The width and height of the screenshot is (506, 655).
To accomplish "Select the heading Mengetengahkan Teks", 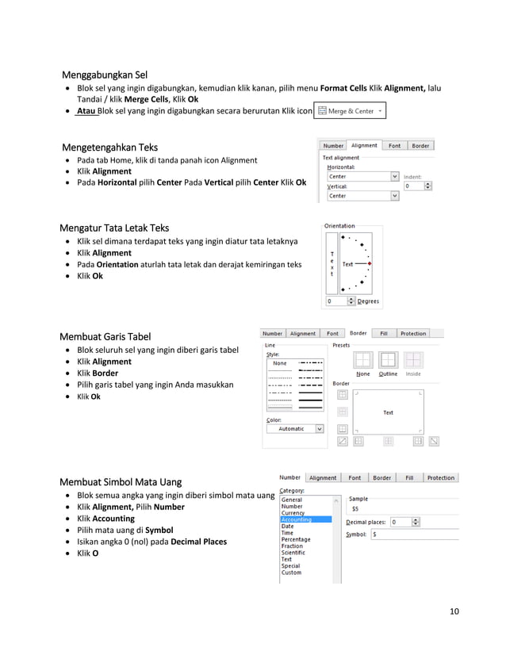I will click(x=109, y=147).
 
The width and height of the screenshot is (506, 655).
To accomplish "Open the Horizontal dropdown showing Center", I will click(x=362, y=176).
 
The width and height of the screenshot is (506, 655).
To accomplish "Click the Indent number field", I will click(x=413, y=186).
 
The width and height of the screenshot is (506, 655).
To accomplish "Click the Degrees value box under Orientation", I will click(x=336, y=301).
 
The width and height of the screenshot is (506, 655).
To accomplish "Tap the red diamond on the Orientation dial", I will click(x=370, y=263).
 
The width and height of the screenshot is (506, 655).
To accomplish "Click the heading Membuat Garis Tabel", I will click(x=105, y=337).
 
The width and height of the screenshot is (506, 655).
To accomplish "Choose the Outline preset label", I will click(x=388, y=374).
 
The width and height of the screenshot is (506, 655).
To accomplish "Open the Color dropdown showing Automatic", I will click(x=294, y=429).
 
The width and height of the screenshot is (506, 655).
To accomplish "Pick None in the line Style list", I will click(x=280, y=363).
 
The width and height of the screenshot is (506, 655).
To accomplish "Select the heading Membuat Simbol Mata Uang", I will click(x=121, y=481).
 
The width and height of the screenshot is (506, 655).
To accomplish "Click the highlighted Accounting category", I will click(x=297, y=519).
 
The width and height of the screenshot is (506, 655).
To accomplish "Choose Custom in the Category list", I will click(x=291, y=573).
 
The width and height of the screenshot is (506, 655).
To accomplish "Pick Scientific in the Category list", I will click(x=293, y=553).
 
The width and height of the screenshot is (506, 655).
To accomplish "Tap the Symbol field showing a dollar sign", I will click(x=408, y=534).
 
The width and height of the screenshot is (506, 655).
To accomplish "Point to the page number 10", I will click(x=454, y=611).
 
